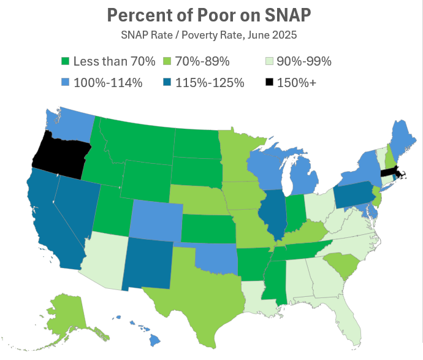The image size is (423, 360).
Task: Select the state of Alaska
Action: click(x=70, y=313)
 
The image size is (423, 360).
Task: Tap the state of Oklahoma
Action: click(x=218, y=258)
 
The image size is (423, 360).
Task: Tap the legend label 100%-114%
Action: click(x=108, y=82)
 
